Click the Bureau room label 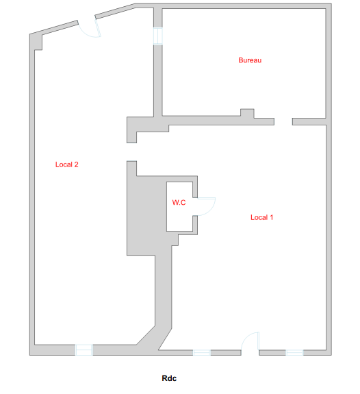[250, 60]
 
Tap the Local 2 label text [67, 164]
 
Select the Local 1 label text [262, 217]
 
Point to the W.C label [179, 202]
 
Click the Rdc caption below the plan [169, 378]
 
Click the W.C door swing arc [211, 210]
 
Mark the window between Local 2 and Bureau [158, 36]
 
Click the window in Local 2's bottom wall [84, 349]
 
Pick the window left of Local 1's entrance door [202, 352]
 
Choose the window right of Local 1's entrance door [294, 352]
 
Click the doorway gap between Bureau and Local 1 [283, 121]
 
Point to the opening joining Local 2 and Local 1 [132, 152]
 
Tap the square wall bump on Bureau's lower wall [247, 113]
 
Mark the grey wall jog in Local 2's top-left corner [38, 42]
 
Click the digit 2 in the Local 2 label [76, 164]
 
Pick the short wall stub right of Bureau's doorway [309, 121]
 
